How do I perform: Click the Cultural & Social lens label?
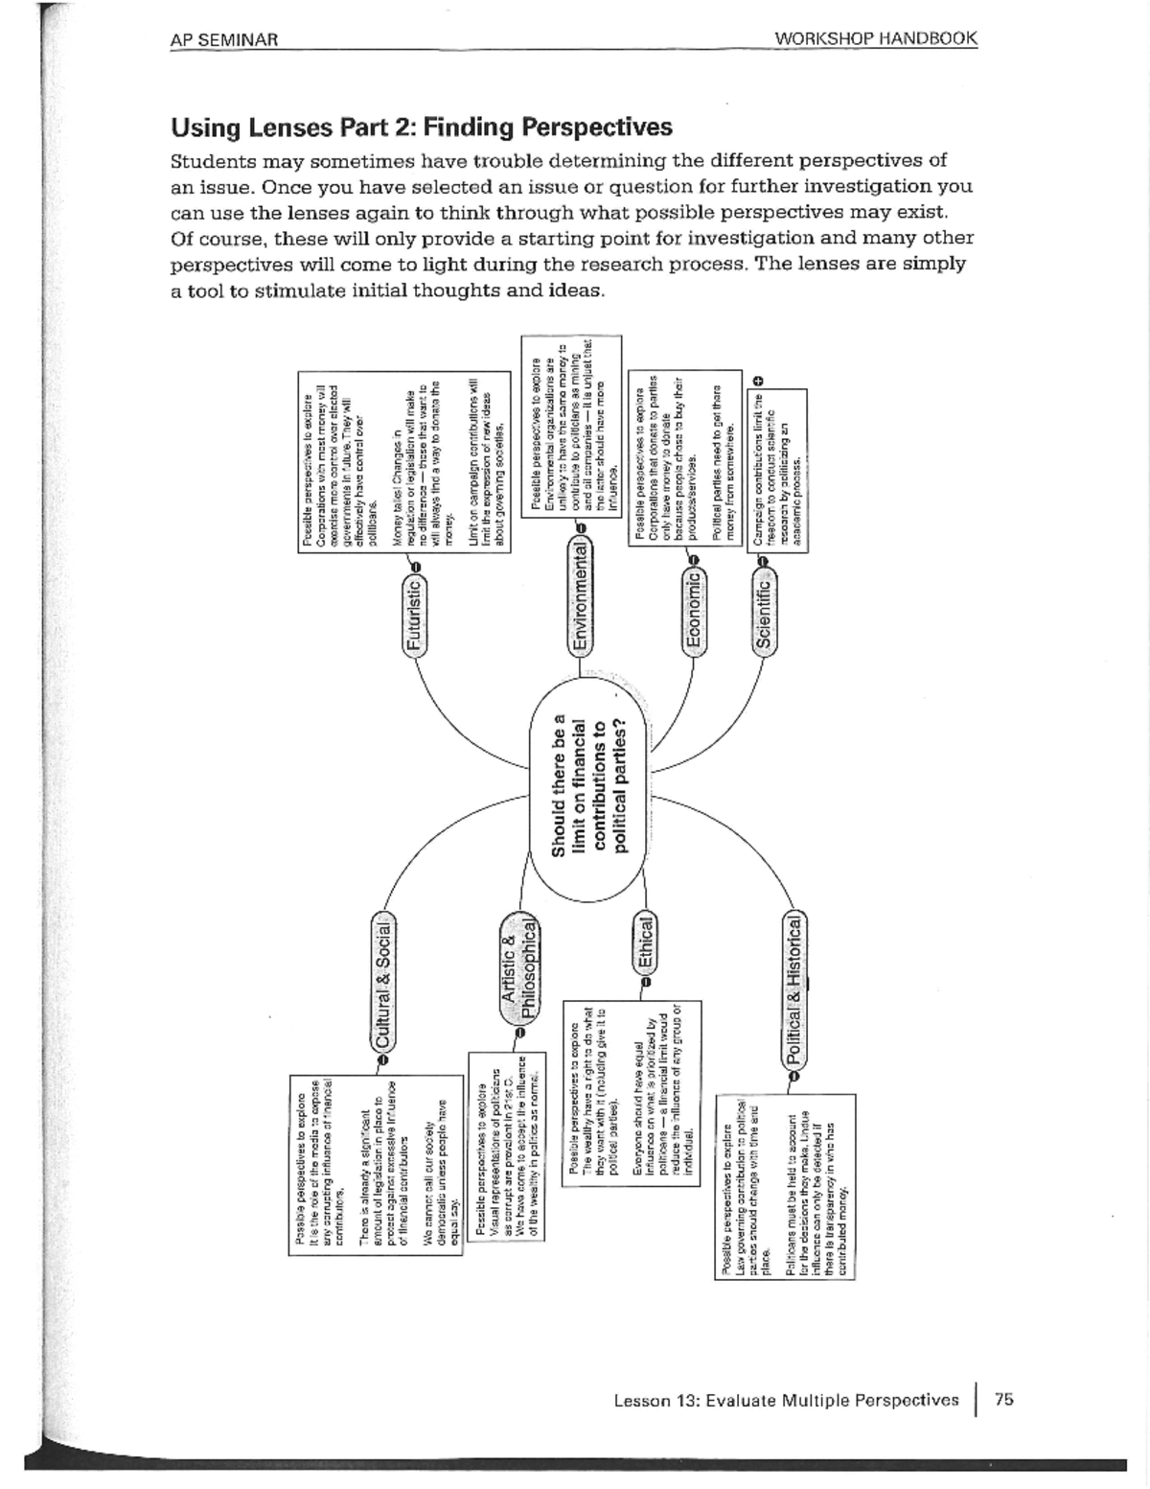coord(383,984)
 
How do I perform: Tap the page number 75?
coord(1003,1399)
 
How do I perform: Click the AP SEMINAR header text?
coord(224,39)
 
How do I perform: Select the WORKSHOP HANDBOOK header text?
coord(876,39)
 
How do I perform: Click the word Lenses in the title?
coord(290,128)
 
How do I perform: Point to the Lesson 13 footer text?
coord(786,1400)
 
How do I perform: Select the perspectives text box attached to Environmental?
coord(570,426)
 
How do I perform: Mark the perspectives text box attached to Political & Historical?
coord(786,1187)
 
